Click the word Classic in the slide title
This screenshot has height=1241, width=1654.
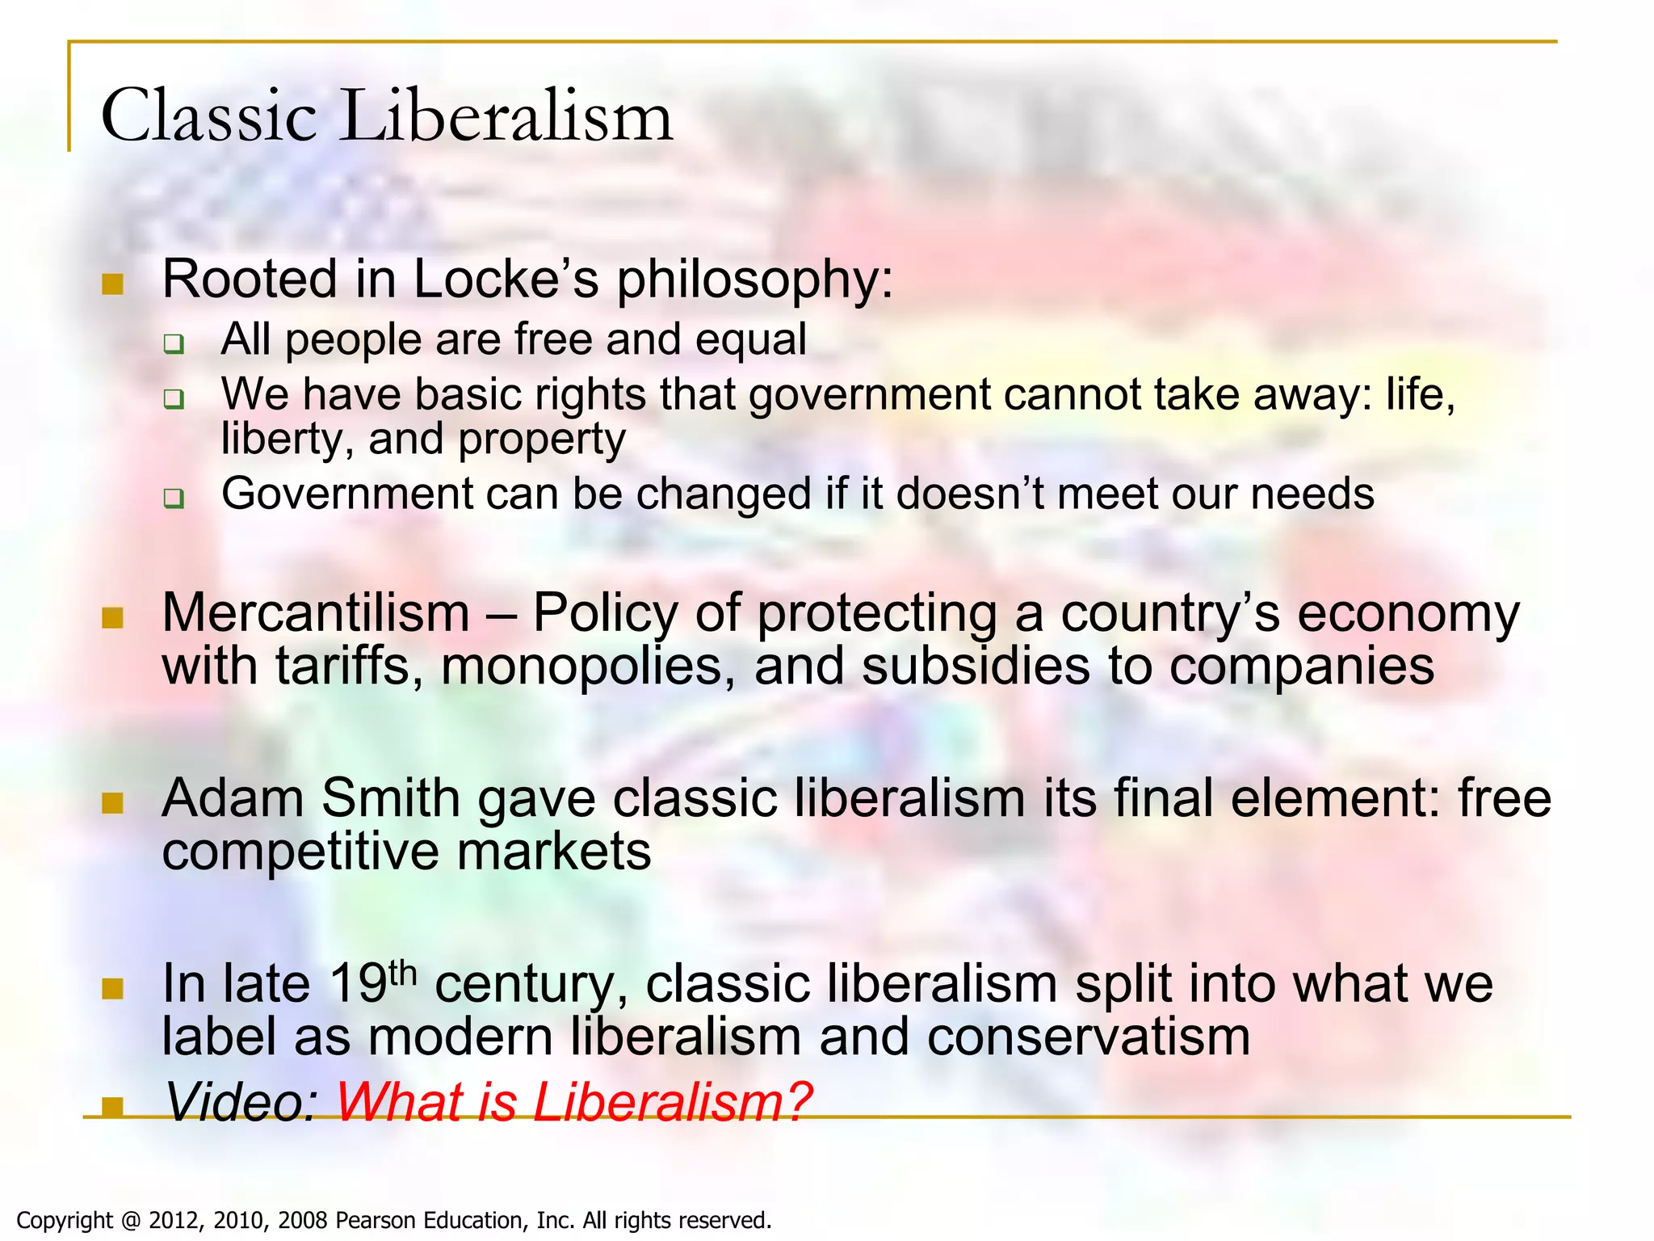pos(208,116)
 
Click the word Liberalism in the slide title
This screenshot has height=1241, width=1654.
pos(509,116)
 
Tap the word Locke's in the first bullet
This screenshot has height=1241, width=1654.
pos(506,280)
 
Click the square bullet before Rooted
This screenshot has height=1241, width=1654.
pos(113,284)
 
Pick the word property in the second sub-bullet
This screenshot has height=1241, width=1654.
pos(542,440)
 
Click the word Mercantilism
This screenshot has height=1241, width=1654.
pos(316,613)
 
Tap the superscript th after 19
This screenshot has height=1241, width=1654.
pos(402,973)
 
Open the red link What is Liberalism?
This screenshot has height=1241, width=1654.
pos(573,1102)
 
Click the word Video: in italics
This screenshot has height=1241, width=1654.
pos(242,1102)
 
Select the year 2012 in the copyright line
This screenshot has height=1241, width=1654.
pos(176,1220)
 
